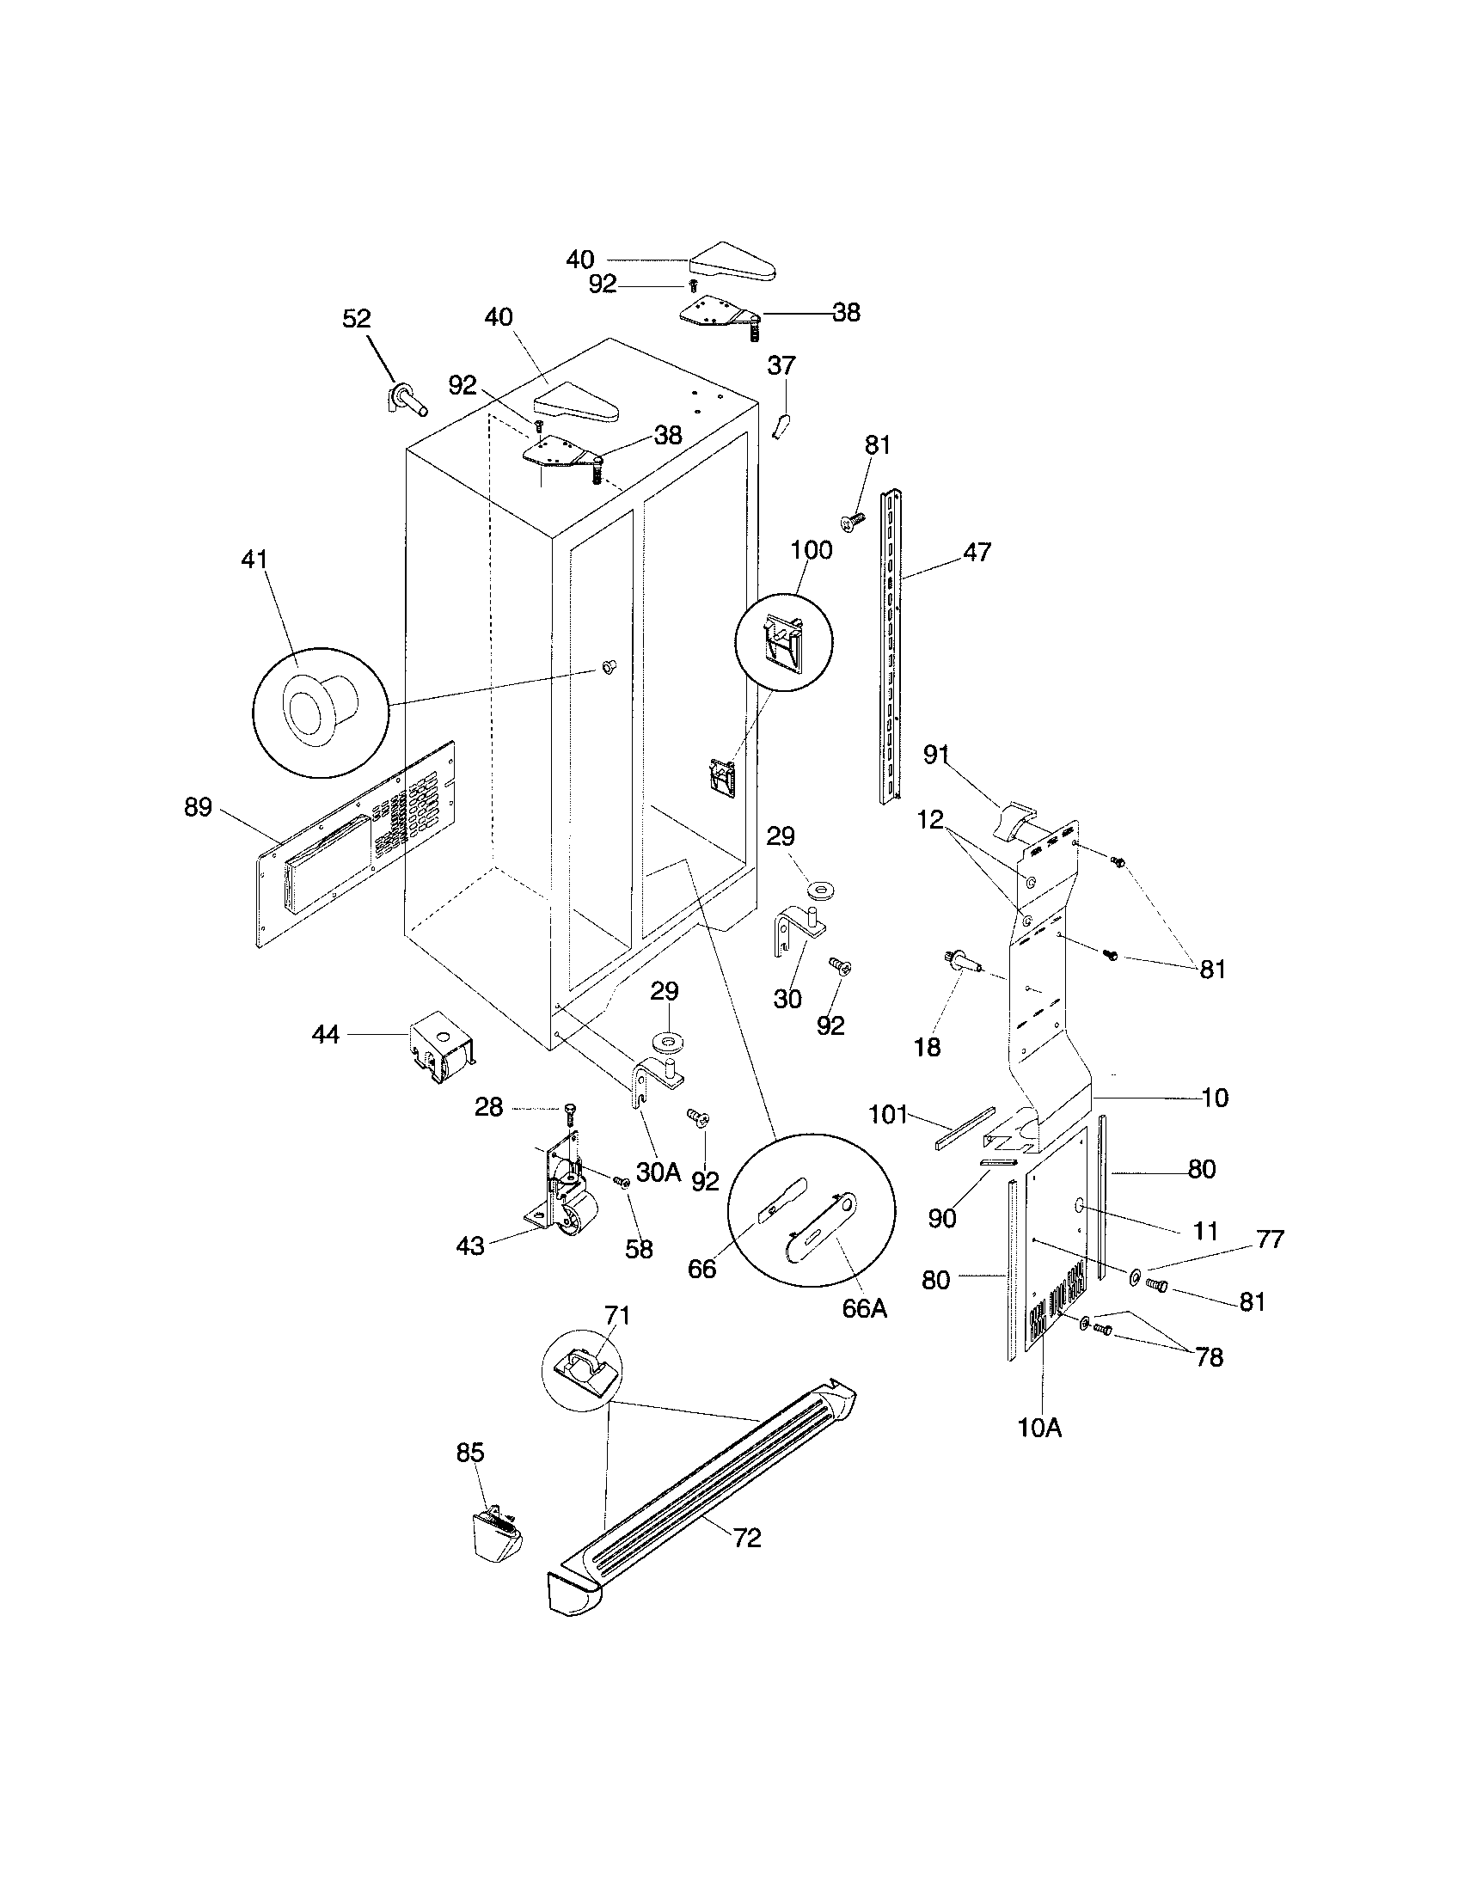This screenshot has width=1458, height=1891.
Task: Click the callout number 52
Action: [356, 319]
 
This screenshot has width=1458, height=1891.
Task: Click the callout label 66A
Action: [864, 1308]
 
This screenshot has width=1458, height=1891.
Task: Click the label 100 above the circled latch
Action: [812, 550]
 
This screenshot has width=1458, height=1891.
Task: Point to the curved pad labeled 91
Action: [1013, 823]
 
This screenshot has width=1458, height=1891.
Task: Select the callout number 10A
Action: [1040, 1428]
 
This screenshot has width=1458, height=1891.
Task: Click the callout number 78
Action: [1210, 1356]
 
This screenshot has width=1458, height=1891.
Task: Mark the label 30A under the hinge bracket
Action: [658, 1172]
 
